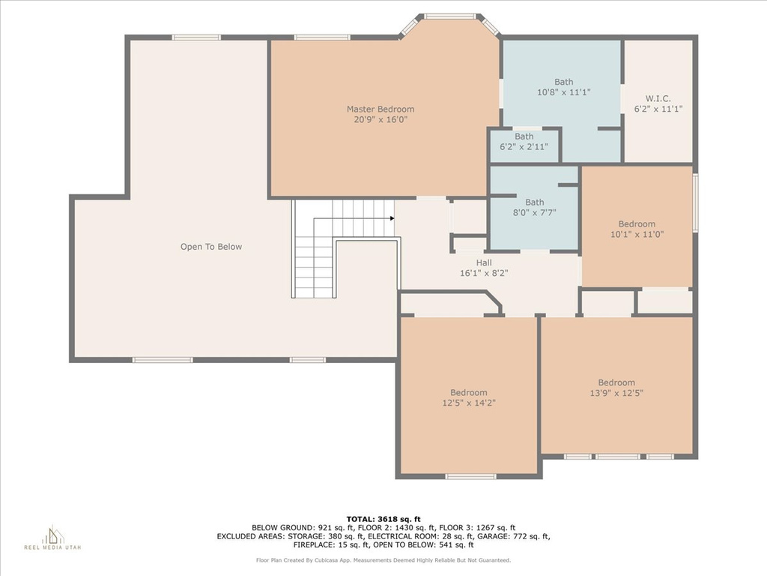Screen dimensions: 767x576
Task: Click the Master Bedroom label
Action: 381,109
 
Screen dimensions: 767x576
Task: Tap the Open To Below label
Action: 211,247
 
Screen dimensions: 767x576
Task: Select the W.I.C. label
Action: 658,98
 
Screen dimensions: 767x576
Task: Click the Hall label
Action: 484,263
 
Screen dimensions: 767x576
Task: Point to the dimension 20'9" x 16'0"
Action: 381,120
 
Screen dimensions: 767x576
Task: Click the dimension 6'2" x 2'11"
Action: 524,147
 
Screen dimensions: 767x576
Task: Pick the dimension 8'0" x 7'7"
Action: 535,212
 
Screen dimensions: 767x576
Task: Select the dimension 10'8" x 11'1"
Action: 564,92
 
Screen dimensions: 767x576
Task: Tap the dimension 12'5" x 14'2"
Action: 469,403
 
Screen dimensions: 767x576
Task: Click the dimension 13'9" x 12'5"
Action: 616,393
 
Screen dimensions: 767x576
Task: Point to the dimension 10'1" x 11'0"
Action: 637,235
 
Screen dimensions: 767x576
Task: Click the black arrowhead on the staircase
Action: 392,218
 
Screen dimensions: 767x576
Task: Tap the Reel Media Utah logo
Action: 53,538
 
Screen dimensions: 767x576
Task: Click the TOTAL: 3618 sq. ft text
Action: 383,519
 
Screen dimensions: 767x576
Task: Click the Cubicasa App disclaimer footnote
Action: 383,560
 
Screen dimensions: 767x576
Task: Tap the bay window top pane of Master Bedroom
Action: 450,16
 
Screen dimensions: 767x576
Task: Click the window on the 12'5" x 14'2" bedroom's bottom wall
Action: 470,476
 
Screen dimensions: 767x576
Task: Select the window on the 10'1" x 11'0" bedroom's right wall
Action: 695,202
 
